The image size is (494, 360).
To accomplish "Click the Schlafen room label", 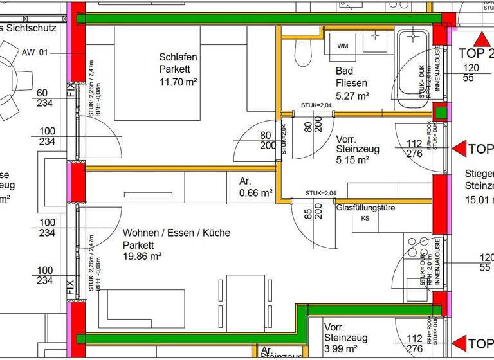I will (x=178, y=57).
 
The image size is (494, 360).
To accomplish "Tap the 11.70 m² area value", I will (x=178, y=82).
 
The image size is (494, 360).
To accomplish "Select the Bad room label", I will (x=343, y=71).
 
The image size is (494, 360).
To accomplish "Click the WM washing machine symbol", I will (x=342, y=46).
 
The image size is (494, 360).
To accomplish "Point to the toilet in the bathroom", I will (x=302, y=49).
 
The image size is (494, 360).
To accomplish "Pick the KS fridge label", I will (x=365, y=219).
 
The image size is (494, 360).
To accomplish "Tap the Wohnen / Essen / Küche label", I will (x=176, y=233).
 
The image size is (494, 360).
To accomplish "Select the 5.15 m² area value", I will (x=352, y=160).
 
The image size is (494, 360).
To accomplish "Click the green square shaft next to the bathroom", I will (x=440, y=113).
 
